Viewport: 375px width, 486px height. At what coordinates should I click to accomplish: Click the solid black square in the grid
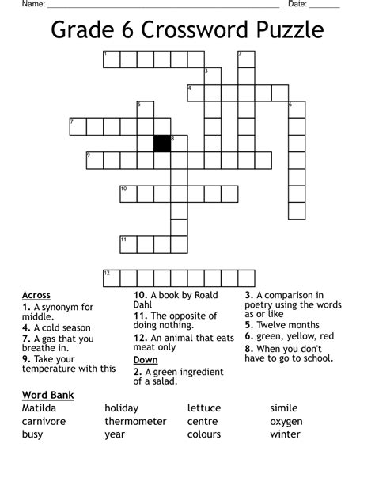[x=162, y=144]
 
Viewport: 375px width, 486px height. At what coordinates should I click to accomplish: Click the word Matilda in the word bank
[x=39, y=408]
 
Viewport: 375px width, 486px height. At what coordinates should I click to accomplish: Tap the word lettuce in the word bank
[x=204, y=408]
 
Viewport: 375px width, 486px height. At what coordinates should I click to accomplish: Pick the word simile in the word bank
[x=284, y=408]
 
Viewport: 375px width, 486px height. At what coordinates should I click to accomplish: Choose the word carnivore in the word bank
[x=44, y=421]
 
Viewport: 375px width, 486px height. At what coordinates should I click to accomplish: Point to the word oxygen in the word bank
[x=286, y=421]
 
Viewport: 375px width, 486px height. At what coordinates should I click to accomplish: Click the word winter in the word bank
[x=285, y=434]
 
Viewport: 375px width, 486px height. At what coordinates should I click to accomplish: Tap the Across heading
[x=36, y=296]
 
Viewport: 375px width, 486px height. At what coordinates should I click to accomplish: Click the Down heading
[x=146, y=360]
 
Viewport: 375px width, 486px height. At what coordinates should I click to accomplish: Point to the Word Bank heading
[x=47, y=394]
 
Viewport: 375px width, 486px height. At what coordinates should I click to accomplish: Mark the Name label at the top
[x=32, y=4]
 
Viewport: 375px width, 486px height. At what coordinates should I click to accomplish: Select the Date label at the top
[x=297, y=4]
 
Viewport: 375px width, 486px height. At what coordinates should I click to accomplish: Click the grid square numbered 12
[x=111, y=277]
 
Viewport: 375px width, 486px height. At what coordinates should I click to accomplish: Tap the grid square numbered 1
[x=111, y=59]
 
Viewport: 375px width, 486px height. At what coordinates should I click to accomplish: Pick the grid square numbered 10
[x=128, y=193]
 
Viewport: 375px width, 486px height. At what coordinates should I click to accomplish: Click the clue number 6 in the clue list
[x=248, y=336]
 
